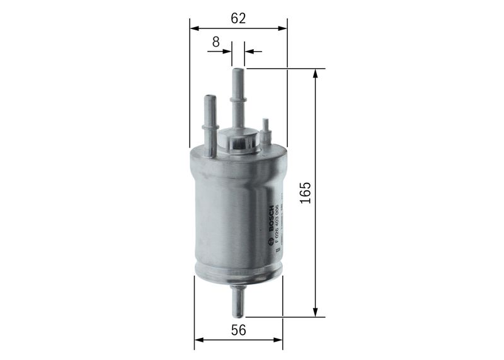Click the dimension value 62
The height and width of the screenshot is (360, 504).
point(238,18)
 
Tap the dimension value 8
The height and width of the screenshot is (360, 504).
point(215,42)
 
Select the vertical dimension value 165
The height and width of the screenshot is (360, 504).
point(305,193)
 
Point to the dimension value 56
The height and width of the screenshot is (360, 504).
point(238,330)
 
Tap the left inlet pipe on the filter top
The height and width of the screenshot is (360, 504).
point(209,120)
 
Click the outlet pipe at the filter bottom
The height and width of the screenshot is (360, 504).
point(239,302)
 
